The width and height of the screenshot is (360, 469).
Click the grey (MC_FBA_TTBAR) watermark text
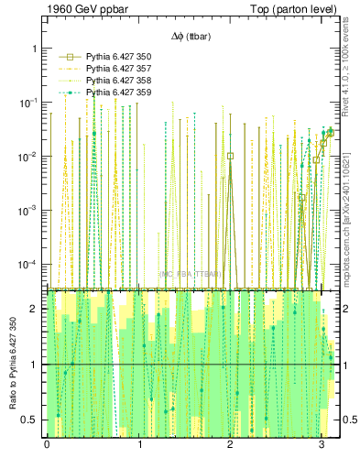pos(191,274)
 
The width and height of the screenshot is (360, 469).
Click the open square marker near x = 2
pos(230,156)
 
